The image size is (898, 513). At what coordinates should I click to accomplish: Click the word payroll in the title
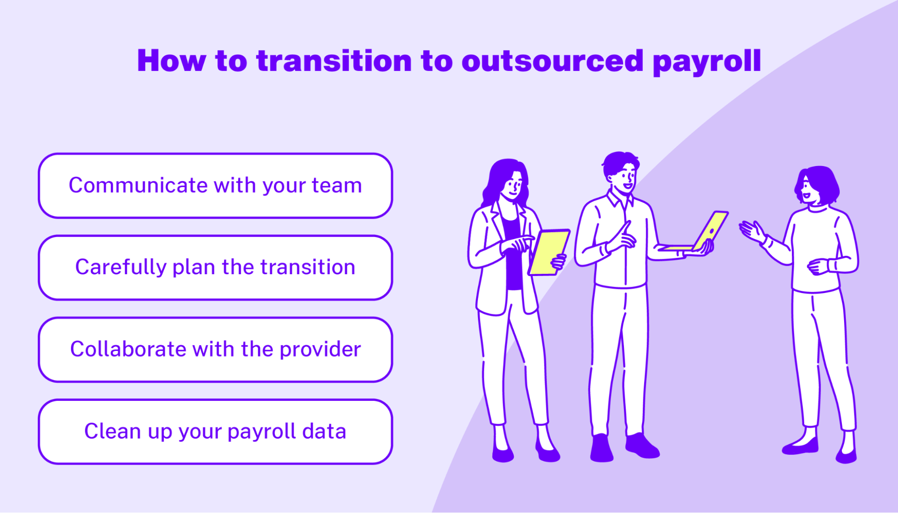click(707, 61)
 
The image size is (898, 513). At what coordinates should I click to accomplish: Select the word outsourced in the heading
click(553, 61)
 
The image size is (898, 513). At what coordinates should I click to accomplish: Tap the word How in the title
click(171, 61)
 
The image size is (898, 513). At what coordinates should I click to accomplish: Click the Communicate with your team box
click(216, 186)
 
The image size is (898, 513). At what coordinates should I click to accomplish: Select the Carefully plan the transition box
click(216, 267)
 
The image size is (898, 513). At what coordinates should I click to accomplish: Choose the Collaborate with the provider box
click(216, 350)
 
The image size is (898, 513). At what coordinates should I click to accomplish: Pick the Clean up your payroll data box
click(216, 432)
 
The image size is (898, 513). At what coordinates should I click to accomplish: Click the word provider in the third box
click(320, 350)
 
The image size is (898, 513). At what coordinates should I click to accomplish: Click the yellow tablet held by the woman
click(549, 252)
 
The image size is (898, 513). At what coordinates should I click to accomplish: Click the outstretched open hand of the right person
click(752, 231)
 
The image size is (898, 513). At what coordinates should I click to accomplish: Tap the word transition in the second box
click(308, 267)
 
